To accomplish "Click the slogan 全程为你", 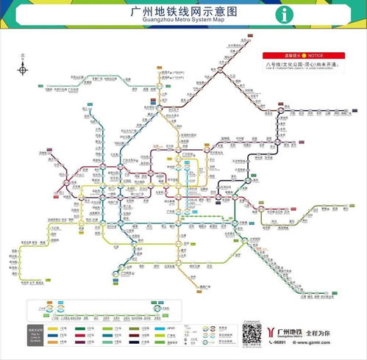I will pyautogui.click(x=318, y=330).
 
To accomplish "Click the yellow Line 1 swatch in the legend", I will pyautogui.click(x=52, y=328).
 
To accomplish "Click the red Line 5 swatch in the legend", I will pyautogui.click(x=79, y=334).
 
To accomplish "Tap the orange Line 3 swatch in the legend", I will pyautogui.click(x=52, y=341).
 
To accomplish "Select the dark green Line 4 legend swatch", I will pyautogui.click(x=79, y=328).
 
